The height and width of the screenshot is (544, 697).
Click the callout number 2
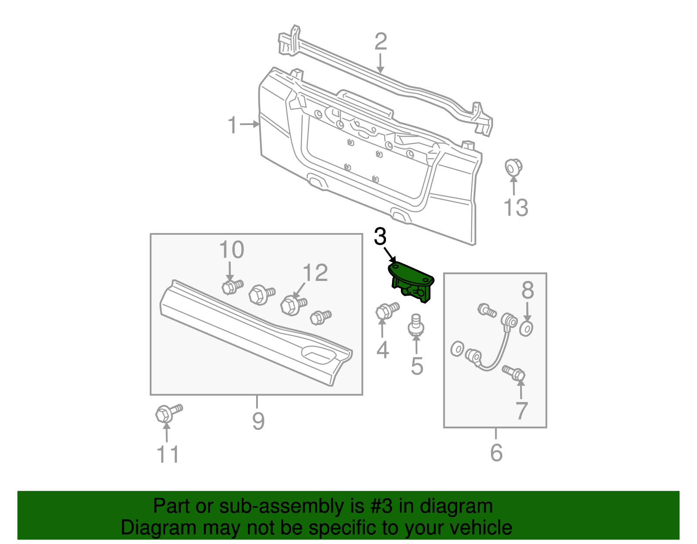[x=381, y=42]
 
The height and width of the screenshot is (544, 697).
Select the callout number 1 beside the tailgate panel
[x=233, y=125]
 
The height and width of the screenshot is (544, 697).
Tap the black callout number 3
[x=380, y=237]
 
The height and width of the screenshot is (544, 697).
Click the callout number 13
[x=516, y=208]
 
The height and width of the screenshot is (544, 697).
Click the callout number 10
[x=231, y=250]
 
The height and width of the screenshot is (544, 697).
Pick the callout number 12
[x=315, y=273]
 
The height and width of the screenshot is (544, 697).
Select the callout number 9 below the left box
[x=258, y=421]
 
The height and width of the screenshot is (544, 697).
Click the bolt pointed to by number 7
[x=514, y=373]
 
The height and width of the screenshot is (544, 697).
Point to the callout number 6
[x=496, y=453]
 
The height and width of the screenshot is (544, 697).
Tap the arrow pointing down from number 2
[x=380, y=64]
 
